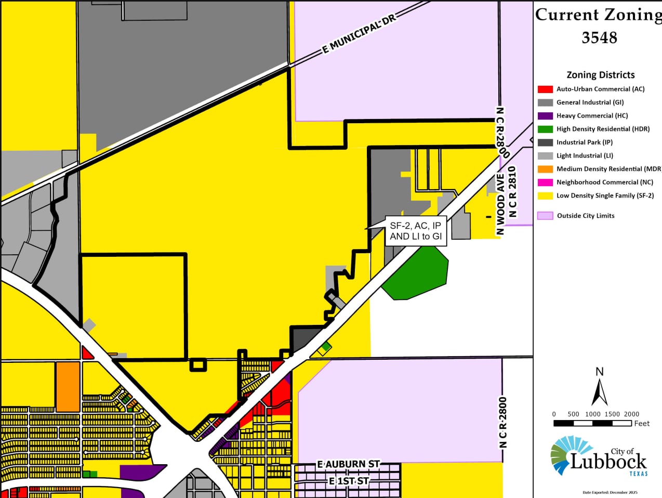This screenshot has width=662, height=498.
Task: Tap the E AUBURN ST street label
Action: pyautogui.click(x=348, y=464)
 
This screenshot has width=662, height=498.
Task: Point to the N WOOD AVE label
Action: pyautogui.click(x=500, y=204)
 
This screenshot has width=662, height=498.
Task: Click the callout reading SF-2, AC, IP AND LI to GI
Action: pyautogui.click(x=415, y=231)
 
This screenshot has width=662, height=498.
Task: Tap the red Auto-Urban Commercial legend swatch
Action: pyautogui.click(x=545, y=89)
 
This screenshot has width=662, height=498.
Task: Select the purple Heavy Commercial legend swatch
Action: pyautogui.click(x=545, y=116)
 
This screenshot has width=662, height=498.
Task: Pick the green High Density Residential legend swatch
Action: pyautogui.click(x=545, y=129)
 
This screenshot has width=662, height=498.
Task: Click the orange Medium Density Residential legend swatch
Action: pyautogui.click(x=545, y=169)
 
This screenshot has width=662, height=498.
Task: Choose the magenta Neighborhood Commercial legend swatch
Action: pyautogui.click(x=545, y=182)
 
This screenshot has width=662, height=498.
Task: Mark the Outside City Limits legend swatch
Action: pyautogui.click(x=545, y=216)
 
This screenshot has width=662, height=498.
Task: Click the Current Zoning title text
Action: pyautogui.click(x=598, y=15)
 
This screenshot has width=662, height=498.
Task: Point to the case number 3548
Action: pyautogui.click(x=599, y=37)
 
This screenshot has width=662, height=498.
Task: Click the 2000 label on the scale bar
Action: pyautogui.click(x=631, y=414)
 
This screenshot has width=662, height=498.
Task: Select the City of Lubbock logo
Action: pyautogui.click(x=599, y=456)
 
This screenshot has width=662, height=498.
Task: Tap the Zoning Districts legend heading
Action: pyautogui.click(x=600, y=75)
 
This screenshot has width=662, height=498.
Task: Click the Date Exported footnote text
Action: pyautogui.click(x=610, y=492)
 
